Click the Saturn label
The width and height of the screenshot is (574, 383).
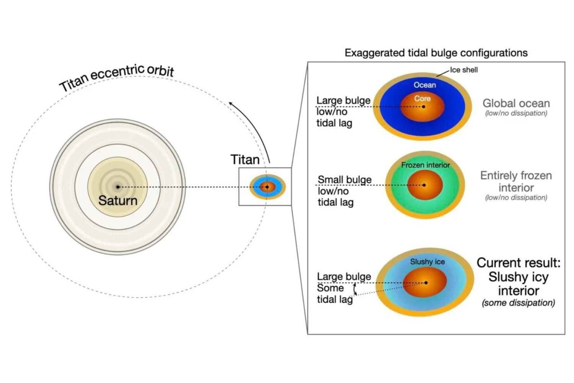click(x=117, y=200)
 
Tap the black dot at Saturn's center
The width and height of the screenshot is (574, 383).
click(x=118, y=187)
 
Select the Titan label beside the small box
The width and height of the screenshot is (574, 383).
click(x=245, y=159)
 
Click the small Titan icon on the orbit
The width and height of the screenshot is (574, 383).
click(x=267, y=187)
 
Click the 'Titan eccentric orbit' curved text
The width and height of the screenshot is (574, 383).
click(x=117, y=77)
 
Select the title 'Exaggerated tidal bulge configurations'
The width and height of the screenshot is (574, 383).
click(x=436, y=53)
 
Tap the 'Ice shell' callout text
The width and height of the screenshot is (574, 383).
click(x=463, y=70)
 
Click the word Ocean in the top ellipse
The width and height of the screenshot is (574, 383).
click(x=424, y=85)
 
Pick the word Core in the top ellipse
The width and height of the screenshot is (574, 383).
click(x=422, y=98)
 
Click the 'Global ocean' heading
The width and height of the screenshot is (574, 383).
click(x=516, y=103)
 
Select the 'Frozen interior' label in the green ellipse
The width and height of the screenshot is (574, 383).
click(x=426, y=165)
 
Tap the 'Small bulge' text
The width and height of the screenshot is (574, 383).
click(x=344, y=180)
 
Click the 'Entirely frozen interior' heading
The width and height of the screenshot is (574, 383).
click(x=516, y=182)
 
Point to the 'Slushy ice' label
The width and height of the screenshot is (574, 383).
click(x=427, y=262)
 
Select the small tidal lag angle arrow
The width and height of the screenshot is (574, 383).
click(x=355, y=289)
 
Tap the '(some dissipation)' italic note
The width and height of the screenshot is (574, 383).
click(x=518, y=303)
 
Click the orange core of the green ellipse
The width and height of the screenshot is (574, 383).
click(x=425, y=185)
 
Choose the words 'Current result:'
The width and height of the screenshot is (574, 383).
click(x=518, y=263)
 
